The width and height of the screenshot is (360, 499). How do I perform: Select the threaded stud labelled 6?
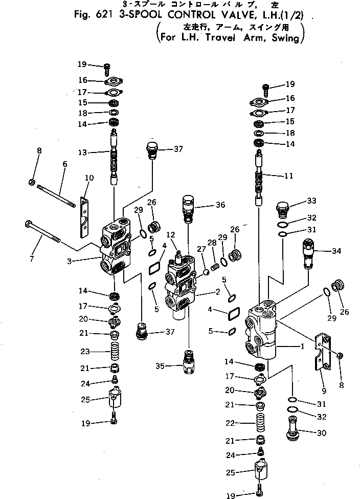click(x=56, y=197)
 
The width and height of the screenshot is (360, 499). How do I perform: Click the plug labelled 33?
click(x=282, y=207)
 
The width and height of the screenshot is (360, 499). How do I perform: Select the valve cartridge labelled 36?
click(x=188, y=208)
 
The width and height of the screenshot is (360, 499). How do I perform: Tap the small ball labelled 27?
click(x=206, y=272)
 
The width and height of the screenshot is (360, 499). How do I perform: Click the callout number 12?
click(x=170, y=234)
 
